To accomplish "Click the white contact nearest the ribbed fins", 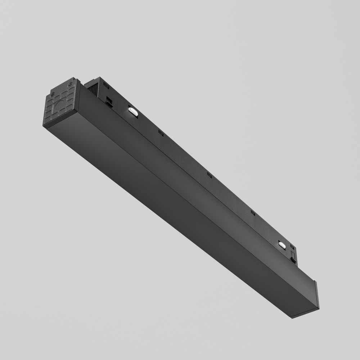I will pyautogui.click(x=132, y=112).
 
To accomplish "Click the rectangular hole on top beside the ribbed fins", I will pyautogui.click(x=106, y=86).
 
